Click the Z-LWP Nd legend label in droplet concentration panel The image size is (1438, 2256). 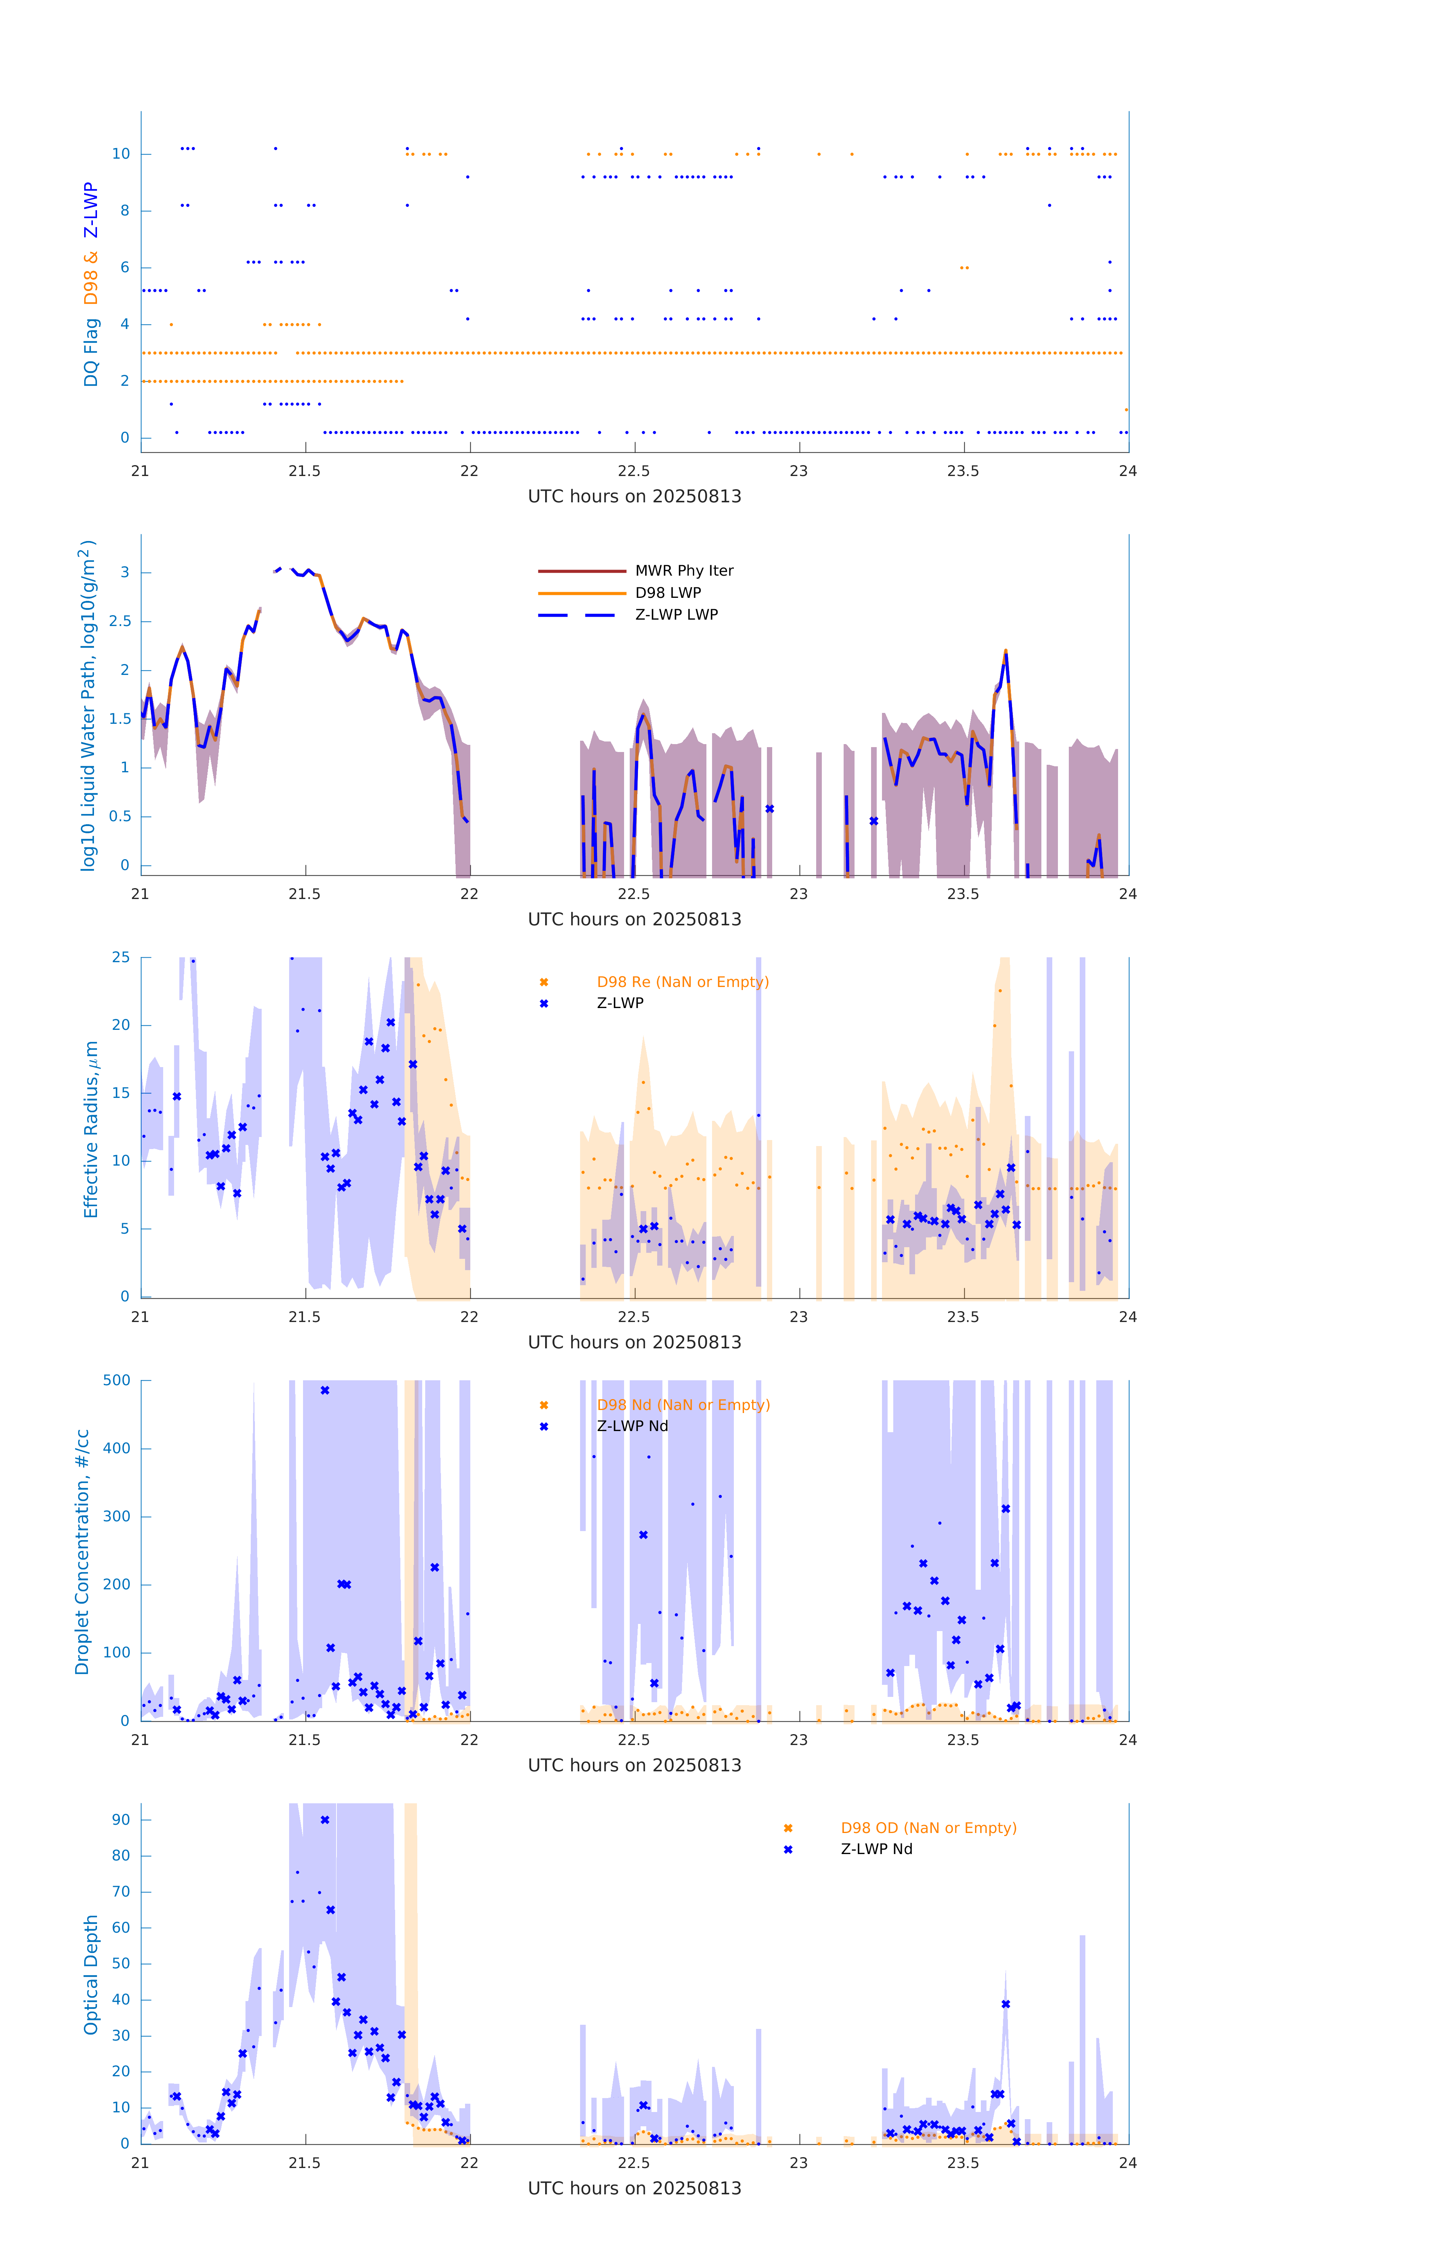pyautogui.click(x=632, y=1426)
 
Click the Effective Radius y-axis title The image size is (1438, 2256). pyautogui.click(x=91, y=1129)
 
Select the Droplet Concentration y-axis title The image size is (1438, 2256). pyautogui.click(x=82, y=1551)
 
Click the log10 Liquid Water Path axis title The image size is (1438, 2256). pyautogui.click(x=87, y=705)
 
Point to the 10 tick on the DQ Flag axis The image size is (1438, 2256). pyautogui.click(x=121, y=154)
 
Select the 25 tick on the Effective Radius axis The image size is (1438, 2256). pyautogui.click(x=121, y=958)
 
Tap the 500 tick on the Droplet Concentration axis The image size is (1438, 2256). pyautogui.click(x=117, y=1380)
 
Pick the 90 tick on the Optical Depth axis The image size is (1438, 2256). pyautogui.click(x=121, y=1819)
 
